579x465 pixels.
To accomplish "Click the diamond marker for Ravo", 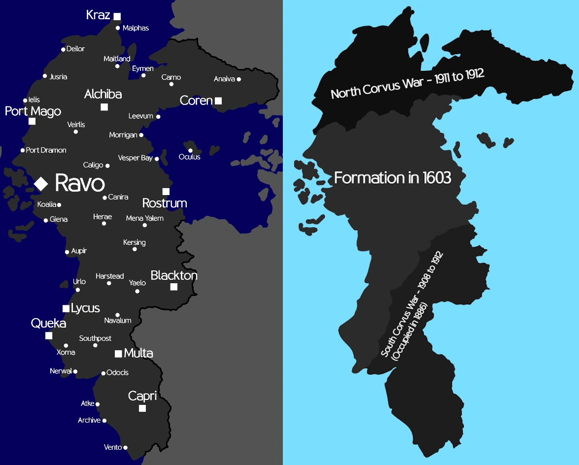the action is (x=41, y=184).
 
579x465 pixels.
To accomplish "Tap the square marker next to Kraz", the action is (x=117, y=17).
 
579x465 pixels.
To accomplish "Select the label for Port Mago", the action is (x=33, y=111).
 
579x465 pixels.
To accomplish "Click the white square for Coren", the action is (x=218, y=101).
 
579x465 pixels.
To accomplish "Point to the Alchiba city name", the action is (x=103, y=94).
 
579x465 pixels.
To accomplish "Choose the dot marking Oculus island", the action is (x=190, y=150).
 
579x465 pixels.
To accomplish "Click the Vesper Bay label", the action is (x=136, y=158).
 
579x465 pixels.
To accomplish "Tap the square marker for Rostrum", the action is (x=166, y=192).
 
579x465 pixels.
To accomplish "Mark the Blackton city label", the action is (x=174, y=275).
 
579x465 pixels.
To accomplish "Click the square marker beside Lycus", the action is (x=66, y=308).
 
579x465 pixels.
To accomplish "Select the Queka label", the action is (x=48, y=323).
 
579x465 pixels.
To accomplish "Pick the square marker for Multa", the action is (x=118, y=354).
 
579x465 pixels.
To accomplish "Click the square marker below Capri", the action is (x=142, y=408).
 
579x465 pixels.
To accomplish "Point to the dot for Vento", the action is (x=125, y=448).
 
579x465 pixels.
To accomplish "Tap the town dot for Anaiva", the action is (x=239, y=79).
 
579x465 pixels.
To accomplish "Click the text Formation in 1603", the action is (x=393, y=177).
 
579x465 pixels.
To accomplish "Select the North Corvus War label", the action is (x=408, y=84).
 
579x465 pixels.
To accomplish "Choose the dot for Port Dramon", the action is (x=23, y=150).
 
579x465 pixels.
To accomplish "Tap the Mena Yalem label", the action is (x=145, y=218).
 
